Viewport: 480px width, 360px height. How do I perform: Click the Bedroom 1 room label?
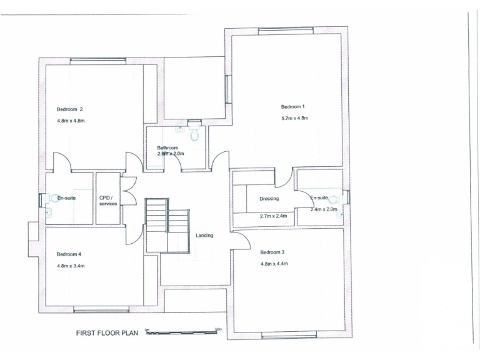(293, 107)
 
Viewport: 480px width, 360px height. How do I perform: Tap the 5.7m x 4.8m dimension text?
(295, 118)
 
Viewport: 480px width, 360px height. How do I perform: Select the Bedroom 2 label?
(70, 109)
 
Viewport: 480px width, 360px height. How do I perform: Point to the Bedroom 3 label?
(272, 252)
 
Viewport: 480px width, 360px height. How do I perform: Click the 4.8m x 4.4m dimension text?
(274, 264)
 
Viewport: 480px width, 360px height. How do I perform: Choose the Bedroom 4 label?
(69, 254)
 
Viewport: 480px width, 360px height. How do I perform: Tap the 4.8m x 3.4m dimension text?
(71, 266)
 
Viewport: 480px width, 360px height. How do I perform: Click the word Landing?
(204, 236)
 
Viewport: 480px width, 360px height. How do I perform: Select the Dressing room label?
(269, 199)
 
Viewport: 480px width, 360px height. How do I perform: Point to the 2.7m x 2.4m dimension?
(272, 216)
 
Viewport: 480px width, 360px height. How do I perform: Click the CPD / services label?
(108, 201)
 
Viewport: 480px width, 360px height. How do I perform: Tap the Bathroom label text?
(167, 147)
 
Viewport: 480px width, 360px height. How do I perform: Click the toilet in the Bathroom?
(194, 133)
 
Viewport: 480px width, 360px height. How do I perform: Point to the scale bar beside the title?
(181, 332)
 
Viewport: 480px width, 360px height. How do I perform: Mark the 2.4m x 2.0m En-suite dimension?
(324, 209)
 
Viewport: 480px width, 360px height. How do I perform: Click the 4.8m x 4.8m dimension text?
(71, 121)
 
